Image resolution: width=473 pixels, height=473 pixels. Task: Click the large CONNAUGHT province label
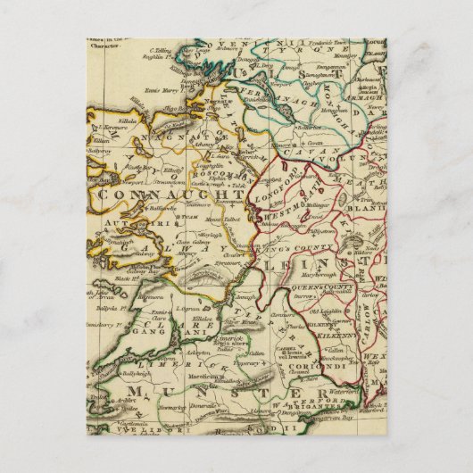pos(169,193)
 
